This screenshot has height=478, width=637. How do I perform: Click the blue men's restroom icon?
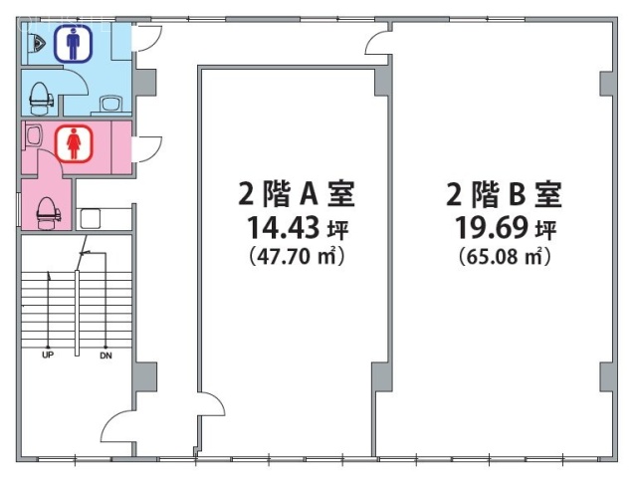(72, 44)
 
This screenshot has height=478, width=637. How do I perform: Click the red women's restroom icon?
(73, 143)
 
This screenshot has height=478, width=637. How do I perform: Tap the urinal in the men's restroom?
(37, 43)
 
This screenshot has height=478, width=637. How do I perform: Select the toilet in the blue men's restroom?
(41, 95)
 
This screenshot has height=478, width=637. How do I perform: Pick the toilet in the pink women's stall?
(46, 209)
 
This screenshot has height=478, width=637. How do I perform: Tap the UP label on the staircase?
(47, 355)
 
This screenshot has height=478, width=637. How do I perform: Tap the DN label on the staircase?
(105, 355)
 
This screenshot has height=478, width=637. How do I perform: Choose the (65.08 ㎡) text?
(503, 257)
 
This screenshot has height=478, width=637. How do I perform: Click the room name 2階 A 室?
(296, 192)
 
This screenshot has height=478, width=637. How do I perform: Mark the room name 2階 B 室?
(504, 192)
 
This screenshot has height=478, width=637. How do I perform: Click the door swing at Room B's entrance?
(378, 42)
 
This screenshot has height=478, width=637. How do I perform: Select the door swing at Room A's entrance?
(210, 408)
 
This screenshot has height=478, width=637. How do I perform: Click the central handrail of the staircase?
(77, 309)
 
